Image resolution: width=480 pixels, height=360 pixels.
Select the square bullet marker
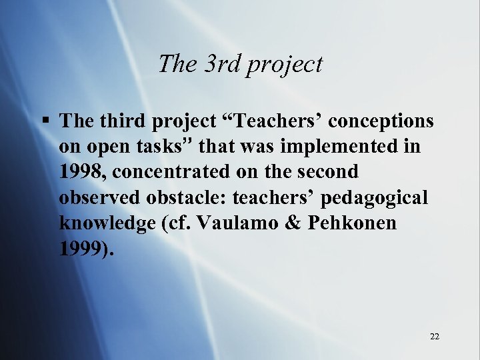click(x=45, y=121)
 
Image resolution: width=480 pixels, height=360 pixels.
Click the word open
click(x=107, y=147)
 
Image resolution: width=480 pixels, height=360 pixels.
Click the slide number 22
click(x=435, y=336)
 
